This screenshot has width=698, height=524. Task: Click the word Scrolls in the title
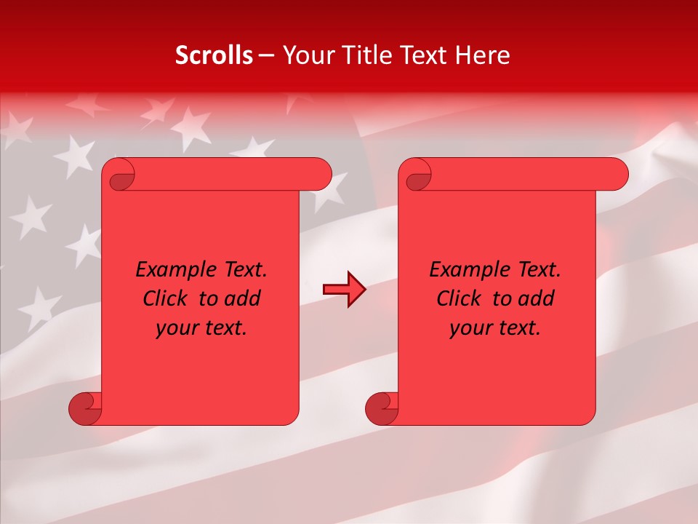coord(214,55)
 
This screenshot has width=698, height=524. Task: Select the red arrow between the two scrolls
coord(345,290)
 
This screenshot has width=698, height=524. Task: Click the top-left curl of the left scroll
coord(120,175)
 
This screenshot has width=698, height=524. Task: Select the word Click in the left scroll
coord(164,298)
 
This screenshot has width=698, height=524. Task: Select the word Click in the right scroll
coord(458,298)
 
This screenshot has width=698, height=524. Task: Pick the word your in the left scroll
coord(175,328)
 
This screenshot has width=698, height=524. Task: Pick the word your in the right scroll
coord(469,328)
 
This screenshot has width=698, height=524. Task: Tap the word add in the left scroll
coord(244,298)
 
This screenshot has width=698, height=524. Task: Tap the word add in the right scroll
coord(537,298)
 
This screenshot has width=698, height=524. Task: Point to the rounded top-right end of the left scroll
coord(321,175)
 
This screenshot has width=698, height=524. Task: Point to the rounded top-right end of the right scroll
coord(617,175)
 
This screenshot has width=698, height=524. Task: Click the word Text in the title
coord(425,55)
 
